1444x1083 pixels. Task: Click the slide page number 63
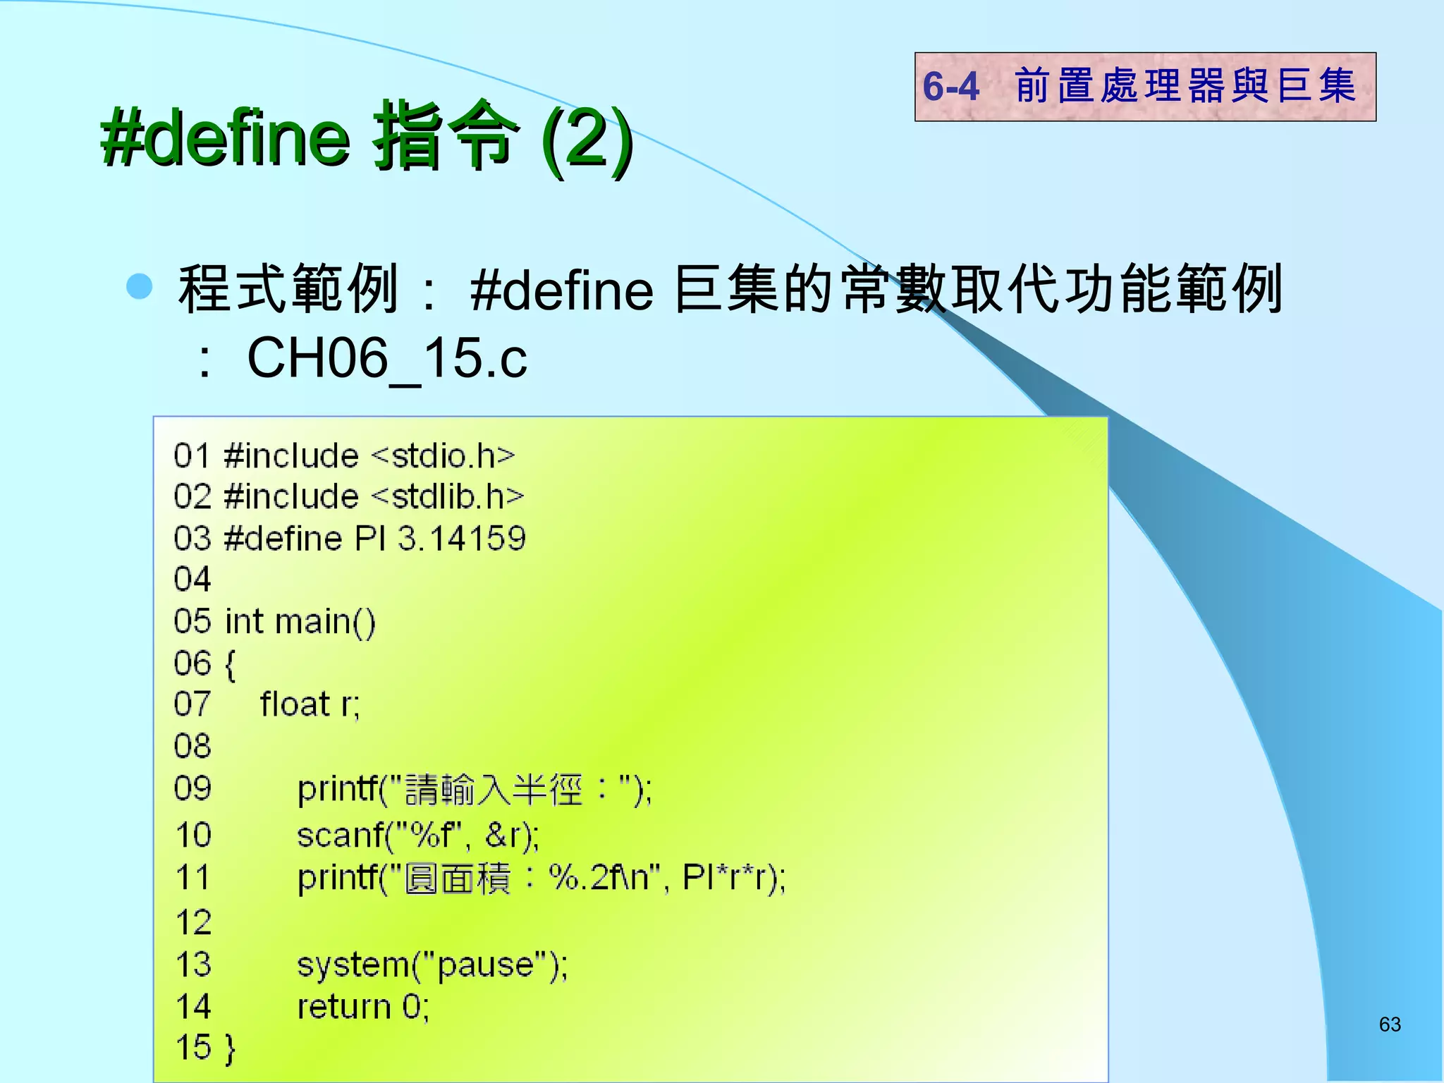click(1390, 1024)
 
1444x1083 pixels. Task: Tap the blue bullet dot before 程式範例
click(140, 287)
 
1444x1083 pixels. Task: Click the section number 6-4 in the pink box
click(951, 87)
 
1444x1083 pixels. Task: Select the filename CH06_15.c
click(386, 357)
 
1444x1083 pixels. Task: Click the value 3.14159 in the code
click(462, 539)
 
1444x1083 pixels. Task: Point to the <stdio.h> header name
click(443, 456)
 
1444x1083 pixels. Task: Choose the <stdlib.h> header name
click(448, 497)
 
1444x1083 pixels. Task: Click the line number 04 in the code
click(192, 580)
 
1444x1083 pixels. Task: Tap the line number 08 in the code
click(192, 746)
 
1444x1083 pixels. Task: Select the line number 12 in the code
click(193, 923)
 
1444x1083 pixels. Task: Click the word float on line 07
click(295, 704)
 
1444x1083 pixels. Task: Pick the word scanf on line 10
click(339, 836)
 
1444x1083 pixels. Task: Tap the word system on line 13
click(353, 965)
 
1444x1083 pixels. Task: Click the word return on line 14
click(343, 1007)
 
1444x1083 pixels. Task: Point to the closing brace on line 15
click(229, 1048)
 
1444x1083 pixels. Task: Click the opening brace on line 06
click(229, 664)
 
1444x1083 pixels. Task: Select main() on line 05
click(325, 623)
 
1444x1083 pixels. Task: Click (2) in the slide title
click(587, 137)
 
